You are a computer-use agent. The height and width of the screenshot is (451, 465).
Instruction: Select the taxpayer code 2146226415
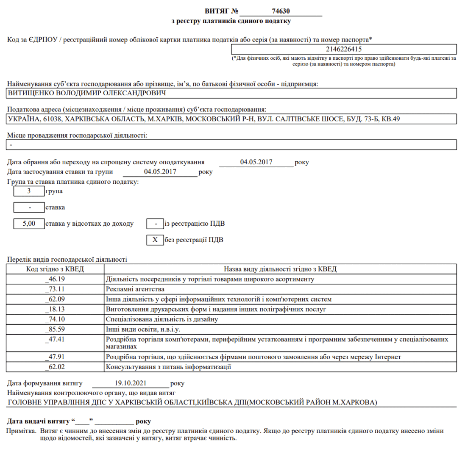343,49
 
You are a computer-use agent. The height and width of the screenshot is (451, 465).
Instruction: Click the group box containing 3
28,191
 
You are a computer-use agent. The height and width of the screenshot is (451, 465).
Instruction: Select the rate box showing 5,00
28,223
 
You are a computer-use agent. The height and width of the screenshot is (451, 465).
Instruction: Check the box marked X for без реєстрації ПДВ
155,240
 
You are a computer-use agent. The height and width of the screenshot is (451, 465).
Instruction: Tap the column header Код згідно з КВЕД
56,268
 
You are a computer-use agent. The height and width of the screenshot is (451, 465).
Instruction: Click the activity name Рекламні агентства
134,289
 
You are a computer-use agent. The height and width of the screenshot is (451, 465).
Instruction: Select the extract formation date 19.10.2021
130,383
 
